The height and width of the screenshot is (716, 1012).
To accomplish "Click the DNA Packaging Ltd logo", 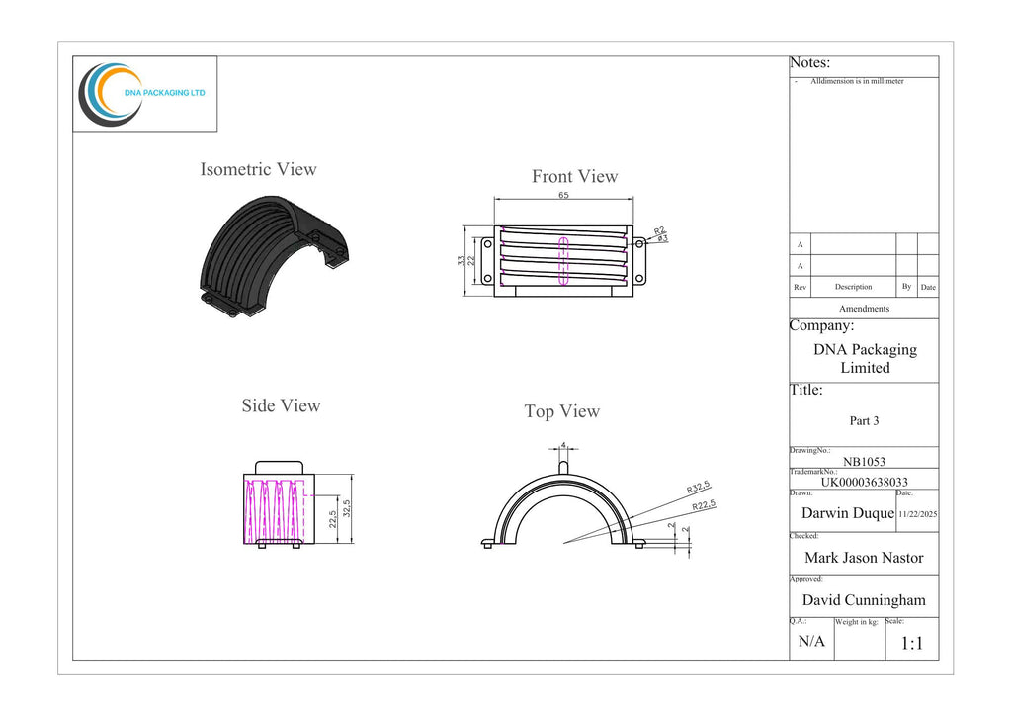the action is tap(142, 94).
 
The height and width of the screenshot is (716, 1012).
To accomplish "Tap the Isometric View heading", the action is tap(258, 169).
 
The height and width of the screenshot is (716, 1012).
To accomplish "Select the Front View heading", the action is tap(574, 176).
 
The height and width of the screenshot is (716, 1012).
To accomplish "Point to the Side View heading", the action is tap(281, 405).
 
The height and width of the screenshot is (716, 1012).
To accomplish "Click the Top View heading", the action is tap(562, 411).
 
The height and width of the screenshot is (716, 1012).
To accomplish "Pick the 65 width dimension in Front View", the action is tap(563, 195).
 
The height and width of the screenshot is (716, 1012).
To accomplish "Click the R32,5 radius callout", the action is tap(699, 487).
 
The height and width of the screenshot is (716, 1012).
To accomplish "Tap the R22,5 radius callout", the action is tap(704, 505).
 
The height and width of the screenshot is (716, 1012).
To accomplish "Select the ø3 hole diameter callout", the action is tap(663, 239).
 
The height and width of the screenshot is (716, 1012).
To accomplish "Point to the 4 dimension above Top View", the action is tap(563, 445).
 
